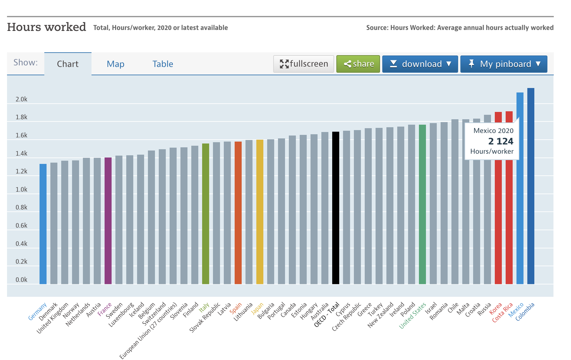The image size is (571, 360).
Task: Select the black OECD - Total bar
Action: (336, 207)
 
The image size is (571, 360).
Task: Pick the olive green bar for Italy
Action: (206, 213)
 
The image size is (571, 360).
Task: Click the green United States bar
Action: (422, 204)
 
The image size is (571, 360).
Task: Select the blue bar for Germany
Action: (43, 224)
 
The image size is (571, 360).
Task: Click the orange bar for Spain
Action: (238, 212)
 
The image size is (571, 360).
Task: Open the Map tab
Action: (115, 64)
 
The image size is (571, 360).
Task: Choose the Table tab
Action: (163, 64)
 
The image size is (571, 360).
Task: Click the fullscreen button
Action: (304, 64)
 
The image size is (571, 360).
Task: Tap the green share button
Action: (358, 64)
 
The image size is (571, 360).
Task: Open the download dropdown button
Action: (420, 64)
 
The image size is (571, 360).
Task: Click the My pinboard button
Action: (504, 64)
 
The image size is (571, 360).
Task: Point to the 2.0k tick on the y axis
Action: (21, 99)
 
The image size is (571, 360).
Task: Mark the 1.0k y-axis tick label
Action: (21, 189)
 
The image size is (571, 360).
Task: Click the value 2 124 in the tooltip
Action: (501, 141)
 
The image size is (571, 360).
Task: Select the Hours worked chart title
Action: (47, 27)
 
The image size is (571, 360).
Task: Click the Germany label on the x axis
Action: (37, 311)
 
